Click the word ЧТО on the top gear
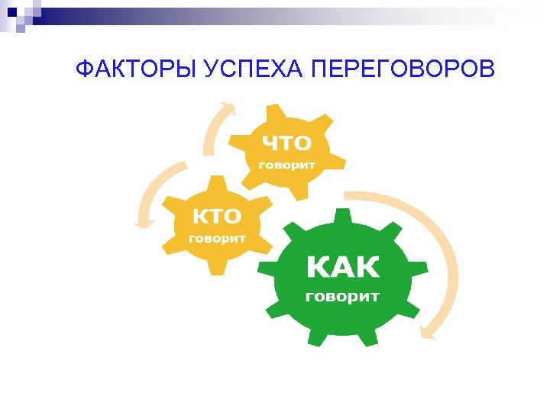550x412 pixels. (x=287, y=143)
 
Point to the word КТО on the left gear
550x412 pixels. (x=217, y=216)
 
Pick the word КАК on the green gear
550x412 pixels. (x=342, y=268)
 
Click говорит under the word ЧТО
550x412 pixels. (x=286, y=164)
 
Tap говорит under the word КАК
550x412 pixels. (x=342, y=296)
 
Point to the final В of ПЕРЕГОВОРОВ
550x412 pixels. (x=487, y=71)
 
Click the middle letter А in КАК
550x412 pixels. (x=342, y=268)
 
